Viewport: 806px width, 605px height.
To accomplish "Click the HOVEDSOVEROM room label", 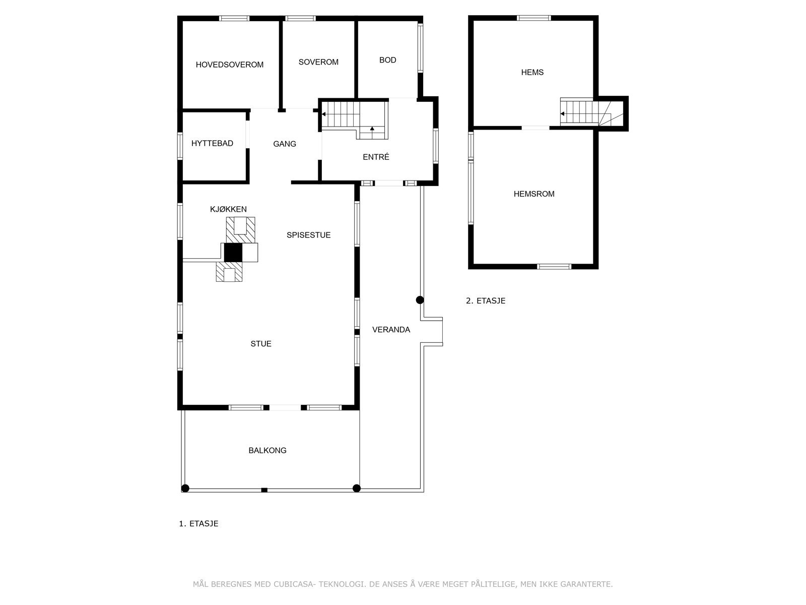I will pos(229,65).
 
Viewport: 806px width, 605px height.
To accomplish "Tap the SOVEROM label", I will pos(318,62).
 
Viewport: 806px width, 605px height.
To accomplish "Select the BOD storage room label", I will pos(387,60).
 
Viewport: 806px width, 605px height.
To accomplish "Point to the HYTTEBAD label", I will pos(212,143).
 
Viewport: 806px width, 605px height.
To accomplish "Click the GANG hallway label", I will pos(285,144).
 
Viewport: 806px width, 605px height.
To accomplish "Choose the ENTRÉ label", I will pos(376,157).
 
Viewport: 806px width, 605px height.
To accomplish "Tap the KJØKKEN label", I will pos(228,209).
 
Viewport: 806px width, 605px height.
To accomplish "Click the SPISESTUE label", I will pos(308,235).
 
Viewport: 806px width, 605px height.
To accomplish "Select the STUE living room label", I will pos(261,344).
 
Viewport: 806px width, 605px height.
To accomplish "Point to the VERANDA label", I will pos(391,330).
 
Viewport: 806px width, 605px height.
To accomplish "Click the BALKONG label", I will pos(267,450).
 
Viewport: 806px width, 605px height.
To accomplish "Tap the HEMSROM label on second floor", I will pos(533,194).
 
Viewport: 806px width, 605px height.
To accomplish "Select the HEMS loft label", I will pos(532,72).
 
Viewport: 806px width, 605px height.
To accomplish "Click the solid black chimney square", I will pos(233,253).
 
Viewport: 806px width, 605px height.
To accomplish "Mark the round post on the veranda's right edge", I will pos(420,300).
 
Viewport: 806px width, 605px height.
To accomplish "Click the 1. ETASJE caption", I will pos(198,523).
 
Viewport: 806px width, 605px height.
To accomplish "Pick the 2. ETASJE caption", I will pos(485,301).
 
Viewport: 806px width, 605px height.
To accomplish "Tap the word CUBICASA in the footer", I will pos(295,584).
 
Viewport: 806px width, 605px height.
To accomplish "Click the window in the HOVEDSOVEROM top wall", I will pos(234,19).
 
